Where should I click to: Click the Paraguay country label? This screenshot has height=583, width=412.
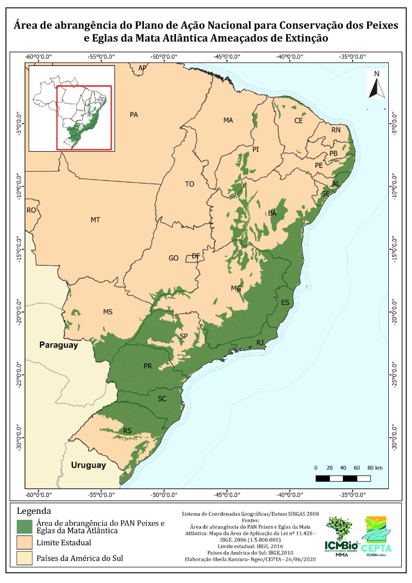58,345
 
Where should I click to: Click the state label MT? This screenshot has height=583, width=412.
96,220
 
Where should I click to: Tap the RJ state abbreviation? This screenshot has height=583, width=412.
260,342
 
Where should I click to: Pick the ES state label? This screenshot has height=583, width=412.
285,302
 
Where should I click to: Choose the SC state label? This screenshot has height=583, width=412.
163,399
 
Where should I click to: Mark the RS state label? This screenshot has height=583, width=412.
128,431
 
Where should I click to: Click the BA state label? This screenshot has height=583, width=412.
273,213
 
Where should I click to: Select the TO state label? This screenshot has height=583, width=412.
190,184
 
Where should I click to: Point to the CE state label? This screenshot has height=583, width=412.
299,121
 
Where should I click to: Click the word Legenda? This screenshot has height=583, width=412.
34,511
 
